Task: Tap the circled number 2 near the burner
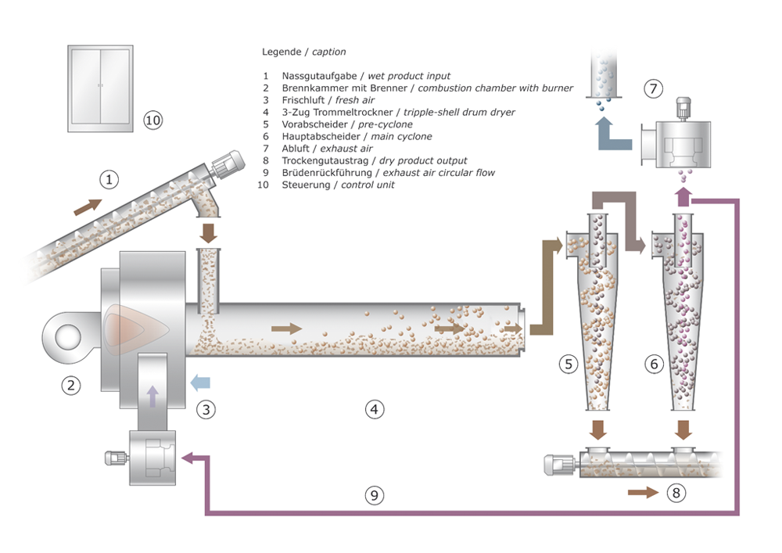tap(72, 385)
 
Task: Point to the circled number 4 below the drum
tap(375, 408)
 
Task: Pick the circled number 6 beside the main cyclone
tap(654, 363)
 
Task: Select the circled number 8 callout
tap(676, 493)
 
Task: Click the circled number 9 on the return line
tap(375, 494)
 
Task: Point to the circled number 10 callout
tap(153, 120)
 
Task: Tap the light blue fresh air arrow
tap(200, 382)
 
